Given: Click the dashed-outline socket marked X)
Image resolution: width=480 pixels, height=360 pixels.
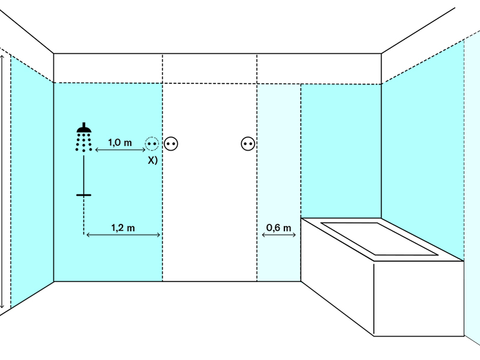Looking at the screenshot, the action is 152,143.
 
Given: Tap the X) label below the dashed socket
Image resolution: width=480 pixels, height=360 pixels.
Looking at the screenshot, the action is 153,160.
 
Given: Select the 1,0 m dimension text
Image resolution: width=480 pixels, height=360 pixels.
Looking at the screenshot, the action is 120,142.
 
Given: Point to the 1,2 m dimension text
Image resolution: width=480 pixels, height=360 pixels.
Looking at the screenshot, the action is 123,228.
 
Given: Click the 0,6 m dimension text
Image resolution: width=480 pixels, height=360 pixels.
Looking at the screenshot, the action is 278,227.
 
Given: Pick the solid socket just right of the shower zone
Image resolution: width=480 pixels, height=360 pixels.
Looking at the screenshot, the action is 171,143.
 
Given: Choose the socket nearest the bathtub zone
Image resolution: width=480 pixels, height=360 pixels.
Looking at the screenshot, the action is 248,143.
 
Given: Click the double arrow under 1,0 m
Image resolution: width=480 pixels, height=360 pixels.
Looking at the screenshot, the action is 121,149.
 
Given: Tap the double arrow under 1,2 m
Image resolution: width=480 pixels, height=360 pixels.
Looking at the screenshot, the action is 124,235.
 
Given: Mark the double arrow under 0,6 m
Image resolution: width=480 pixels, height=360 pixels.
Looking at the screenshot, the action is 279,235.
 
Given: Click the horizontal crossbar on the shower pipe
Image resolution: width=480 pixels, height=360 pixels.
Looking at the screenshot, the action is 83,195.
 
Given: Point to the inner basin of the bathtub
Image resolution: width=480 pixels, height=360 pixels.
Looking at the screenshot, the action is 380,239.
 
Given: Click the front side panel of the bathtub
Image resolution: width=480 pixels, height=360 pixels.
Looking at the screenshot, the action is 418,298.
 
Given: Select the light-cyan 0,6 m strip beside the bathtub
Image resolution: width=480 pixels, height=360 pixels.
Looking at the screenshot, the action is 279,182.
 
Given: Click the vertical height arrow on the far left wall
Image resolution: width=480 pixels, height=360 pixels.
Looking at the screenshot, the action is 2,182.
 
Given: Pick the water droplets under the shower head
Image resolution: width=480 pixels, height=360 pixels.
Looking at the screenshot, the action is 84,142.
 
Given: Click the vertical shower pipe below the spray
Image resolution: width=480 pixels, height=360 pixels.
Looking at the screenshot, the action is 83,175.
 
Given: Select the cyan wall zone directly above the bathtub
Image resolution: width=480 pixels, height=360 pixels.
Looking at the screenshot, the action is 341,151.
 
